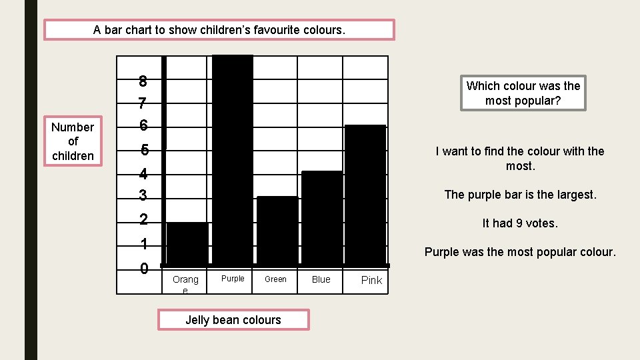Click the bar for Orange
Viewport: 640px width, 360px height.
pyautogui.click(x=187, y=243)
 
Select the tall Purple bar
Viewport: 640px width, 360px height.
pyautogui.click(x=233, y=160)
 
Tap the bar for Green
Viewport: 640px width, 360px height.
pyautogui.click(x=277, y=231)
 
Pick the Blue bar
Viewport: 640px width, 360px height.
pyautogui.click(x=322, y=218)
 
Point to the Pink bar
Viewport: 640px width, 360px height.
pyautogui.click(x=365, y=195)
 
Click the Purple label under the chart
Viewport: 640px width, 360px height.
pyautogui.click(x=233, y=279)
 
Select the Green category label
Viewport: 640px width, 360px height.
pyautogui.click(x=275, y=279)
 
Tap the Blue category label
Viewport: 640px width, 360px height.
pyautogui.click(x=321, y=279)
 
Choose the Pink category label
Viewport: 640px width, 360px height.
pyautogui.click(x=371, y=280)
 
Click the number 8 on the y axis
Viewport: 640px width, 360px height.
pyautogui.click(x=143, y=82)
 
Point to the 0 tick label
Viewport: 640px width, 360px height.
pyautogui.click(x=144, y=269)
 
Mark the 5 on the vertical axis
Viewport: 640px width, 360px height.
pyautogui.click(x=144, y=151)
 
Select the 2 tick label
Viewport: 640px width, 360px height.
pyautogui.click(x=143, y=219)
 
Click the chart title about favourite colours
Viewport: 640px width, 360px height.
pyautogui.click(x=219, y=30)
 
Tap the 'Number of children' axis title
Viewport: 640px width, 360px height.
pyautogui.click(x=73, y=141)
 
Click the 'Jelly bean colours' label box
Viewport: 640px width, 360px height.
pyautogui.click(x=233, y=320)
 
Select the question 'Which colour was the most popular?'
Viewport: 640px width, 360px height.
pyautogui.click(x=523, y=93)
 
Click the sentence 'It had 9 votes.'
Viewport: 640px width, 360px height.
pyautogui.click(x=520, y=223)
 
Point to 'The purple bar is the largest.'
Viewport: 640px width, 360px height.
pyautogui.click(x=520, y=195)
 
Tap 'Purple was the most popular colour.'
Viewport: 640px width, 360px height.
pyautogui.click(x=520, y=252)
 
